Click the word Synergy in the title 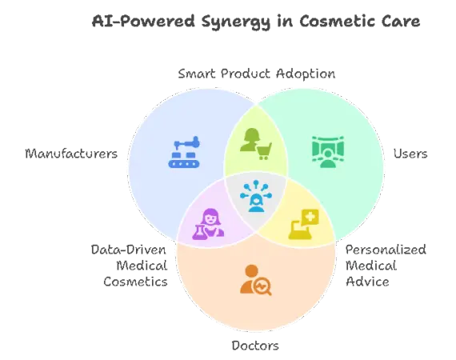pos(235,22)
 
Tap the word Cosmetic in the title pos(337,21)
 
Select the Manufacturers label pos(71,154)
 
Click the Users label pos(410,154)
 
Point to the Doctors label pos(255,346)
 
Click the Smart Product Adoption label pos(257,74)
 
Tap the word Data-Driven pos(129,250)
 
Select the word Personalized pos(386,250)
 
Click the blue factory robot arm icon pos(184,152)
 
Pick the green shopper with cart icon pos(256,144)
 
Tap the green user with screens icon pos(328,152)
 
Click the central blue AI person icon pos(256,196)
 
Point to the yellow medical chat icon pos(304,224)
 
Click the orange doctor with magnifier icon pos(256,280)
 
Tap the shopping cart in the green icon pos(264,151)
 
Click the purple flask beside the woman pos(199,233)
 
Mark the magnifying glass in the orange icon pos(262,286)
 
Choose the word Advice pos(367,282)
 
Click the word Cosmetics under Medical pos(135,282)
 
